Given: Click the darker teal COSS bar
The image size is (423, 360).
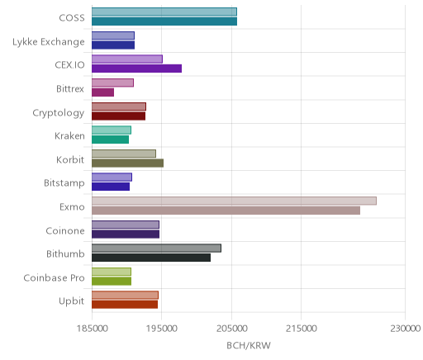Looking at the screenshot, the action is (x=164, y=21).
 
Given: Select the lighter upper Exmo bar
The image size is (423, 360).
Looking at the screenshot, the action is (x=234, y=201).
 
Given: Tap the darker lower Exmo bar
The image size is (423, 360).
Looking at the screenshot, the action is (x=226, y=211).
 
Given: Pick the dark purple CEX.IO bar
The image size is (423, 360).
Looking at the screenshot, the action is (x=137, y=69).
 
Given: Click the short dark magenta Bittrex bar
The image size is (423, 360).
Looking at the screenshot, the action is (x=103, y=92).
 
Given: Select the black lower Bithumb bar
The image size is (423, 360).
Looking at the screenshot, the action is (x=151, y=258).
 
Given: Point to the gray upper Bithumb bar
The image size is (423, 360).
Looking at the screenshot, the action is (x=156, y=248).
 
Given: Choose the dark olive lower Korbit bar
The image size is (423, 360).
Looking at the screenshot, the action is (x=128, y=163).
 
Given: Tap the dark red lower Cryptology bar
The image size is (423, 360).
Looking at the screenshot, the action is (x=119, y=116).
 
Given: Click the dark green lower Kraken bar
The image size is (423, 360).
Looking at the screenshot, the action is (x=111, y=140).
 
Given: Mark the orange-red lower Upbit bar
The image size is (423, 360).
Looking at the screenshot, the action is (x=125, y=305).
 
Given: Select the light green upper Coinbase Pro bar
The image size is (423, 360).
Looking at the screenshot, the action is (x=112, y=272).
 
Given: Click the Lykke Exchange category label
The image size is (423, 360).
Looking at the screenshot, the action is (x=49, y=42).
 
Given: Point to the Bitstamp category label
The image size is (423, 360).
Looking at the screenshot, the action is (x=64, y=183).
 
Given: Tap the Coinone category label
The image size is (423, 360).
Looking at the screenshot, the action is (x=65, y=230).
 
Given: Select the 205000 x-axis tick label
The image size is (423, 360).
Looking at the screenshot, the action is (x=232, y=329).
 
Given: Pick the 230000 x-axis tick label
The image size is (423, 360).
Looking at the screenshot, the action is (x=405, y=329).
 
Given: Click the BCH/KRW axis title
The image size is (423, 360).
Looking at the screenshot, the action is (x=249, y=345).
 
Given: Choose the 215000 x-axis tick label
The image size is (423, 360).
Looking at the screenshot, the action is (x=302, y=329).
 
